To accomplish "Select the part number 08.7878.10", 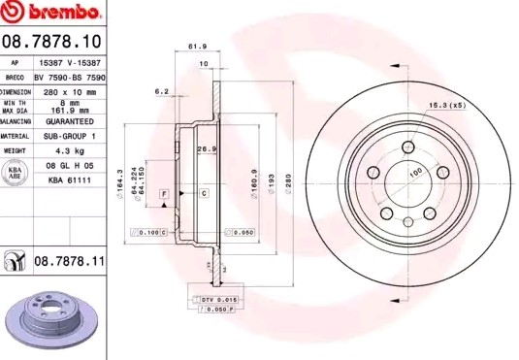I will coord(52,41).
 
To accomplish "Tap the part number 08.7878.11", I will coord(70,261).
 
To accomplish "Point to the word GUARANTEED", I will coord(70,122).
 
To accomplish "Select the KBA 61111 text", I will coord(70,180).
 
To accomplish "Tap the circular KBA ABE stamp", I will coord(15,174).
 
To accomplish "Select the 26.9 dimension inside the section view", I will coord(205,148).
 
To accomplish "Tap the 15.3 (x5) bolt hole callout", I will coord(447,104).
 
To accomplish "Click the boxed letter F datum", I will coord(165,195).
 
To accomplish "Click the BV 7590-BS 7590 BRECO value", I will coord(70,74).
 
